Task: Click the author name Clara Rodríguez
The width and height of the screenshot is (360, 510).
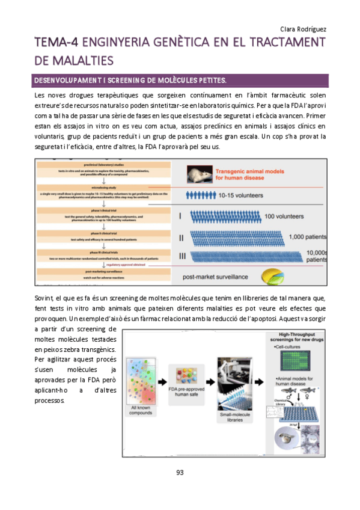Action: click(303, 29)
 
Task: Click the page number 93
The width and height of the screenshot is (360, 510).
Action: click(180, 473)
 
